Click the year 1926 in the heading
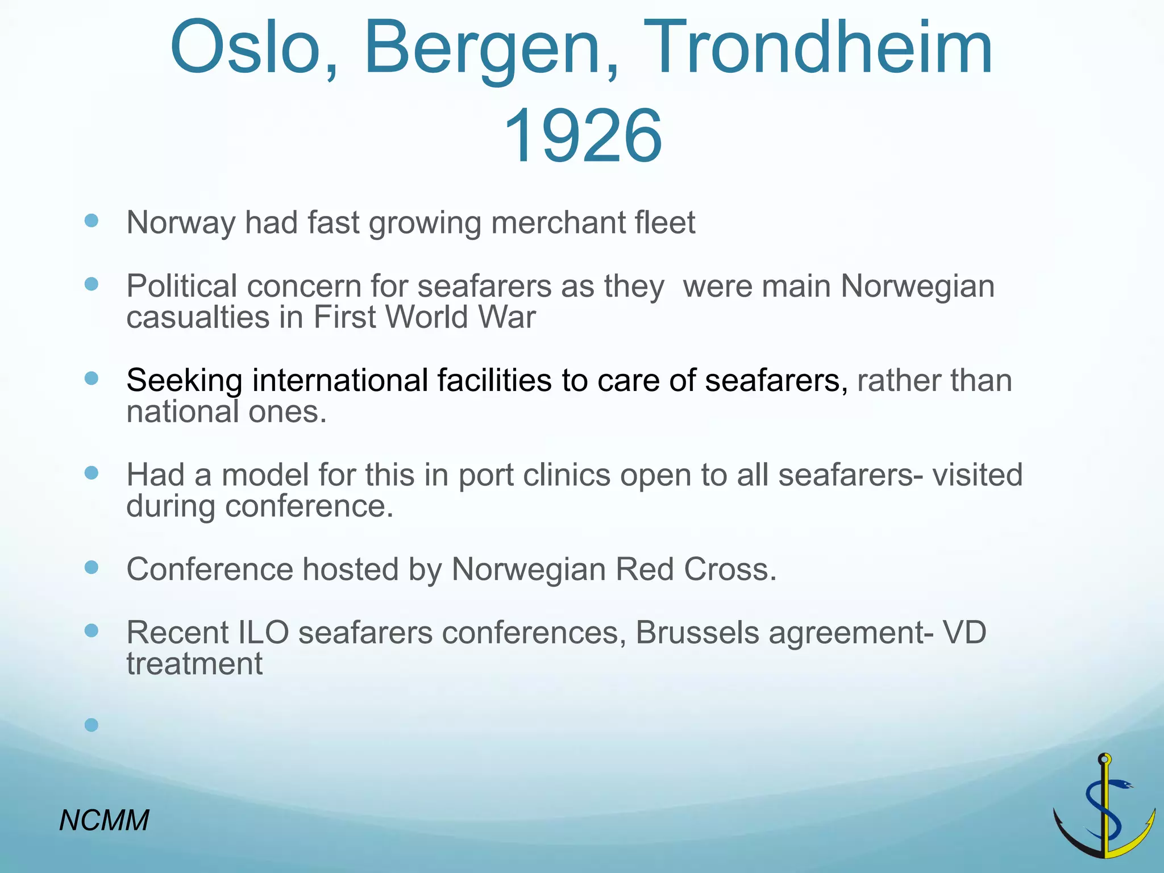582,136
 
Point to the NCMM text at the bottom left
104,820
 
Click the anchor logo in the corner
1104,807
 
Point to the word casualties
197,317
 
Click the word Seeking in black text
184,381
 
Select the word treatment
194,664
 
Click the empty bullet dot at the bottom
92,725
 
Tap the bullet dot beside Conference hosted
92,567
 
